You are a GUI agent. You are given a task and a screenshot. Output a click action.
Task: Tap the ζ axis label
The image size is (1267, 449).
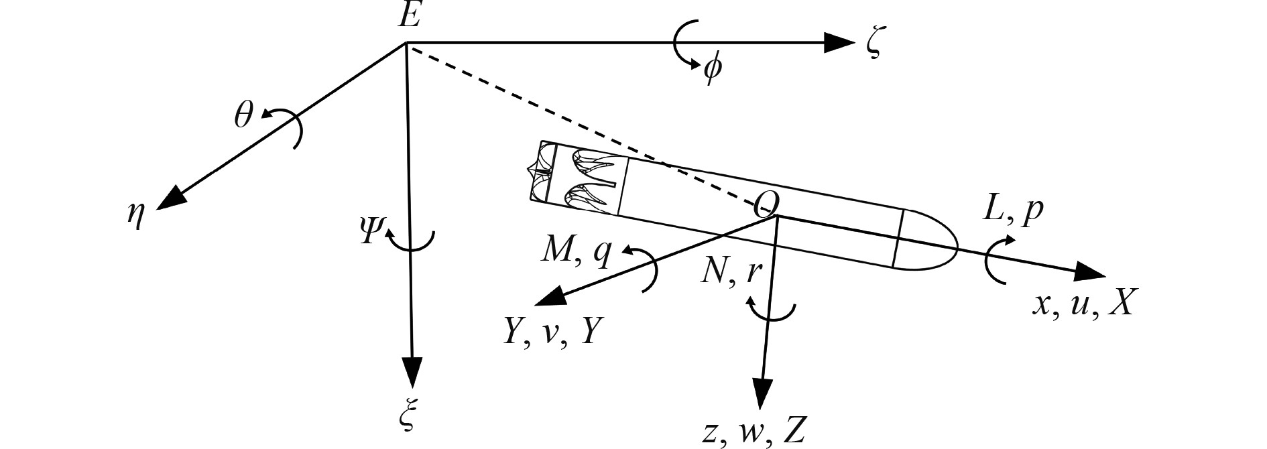click(872, 46)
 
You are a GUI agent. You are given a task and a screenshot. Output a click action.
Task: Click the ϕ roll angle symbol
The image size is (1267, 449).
click(712, 70)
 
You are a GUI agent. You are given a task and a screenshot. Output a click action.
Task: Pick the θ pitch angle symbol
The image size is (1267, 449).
click(243, 117)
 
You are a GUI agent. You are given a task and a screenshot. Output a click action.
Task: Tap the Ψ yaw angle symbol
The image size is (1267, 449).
click(370, 232)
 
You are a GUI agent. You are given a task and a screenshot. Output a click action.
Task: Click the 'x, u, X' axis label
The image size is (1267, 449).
click(1081, 305)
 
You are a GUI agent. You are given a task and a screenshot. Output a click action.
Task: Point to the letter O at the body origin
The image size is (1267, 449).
click(766, 203)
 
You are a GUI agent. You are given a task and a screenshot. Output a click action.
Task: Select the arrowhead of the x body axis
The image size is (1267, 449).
click(1090, 273)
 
